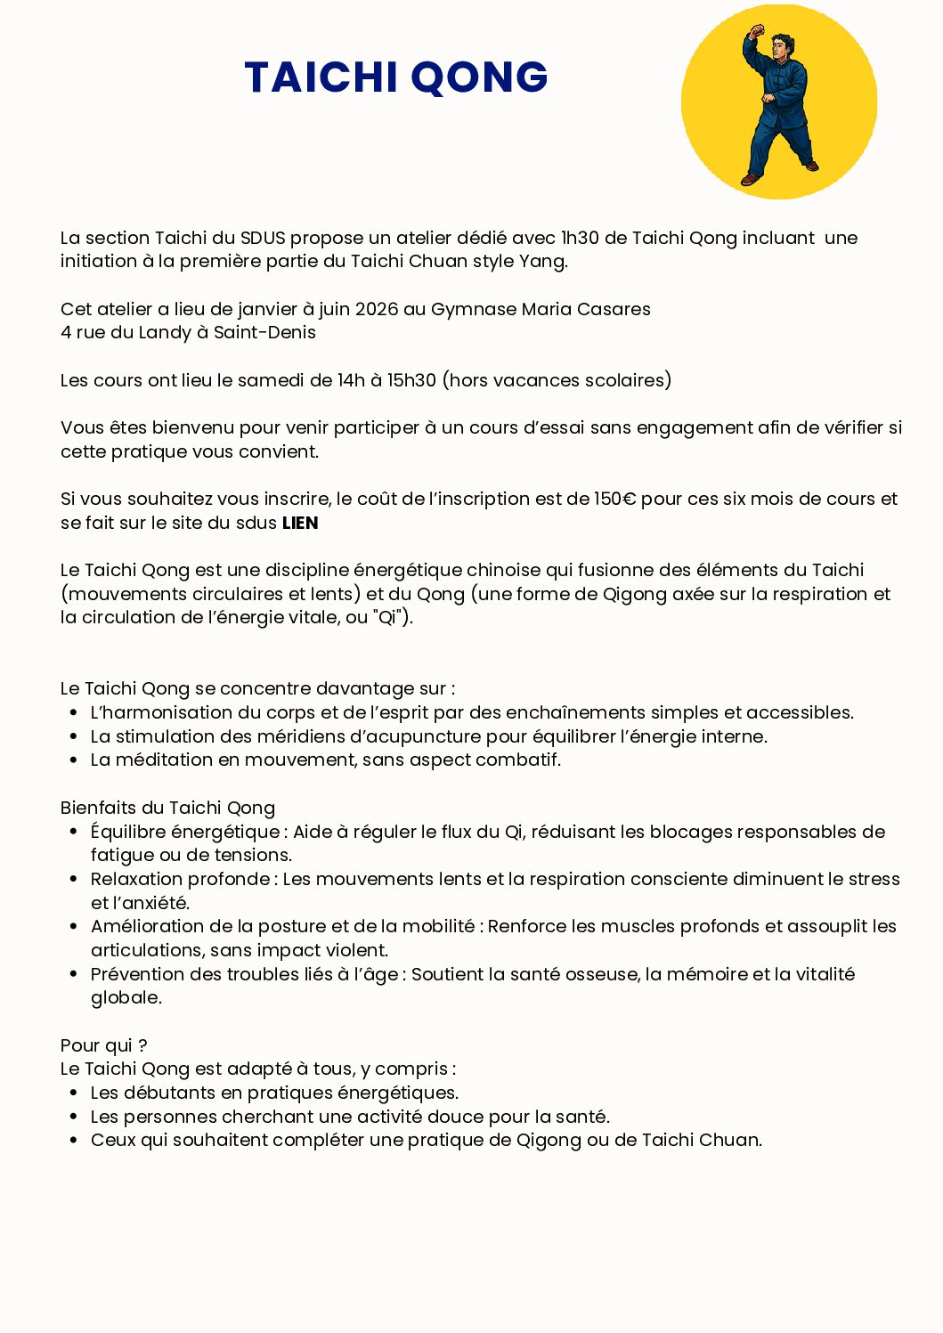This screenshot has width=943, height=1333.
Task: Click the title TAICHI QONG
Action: click(x=395, y=77)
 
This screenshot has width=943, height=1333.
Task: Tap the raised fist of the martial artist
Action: click(x=757, y=33)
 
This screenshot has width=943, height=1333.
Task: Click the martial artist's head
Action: click(x=782, y=46)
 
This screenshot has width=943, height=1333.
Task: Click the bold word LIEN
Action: click(x=300, y=524)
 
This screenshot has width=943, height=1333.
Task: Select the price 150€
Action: click(x=615, y=499)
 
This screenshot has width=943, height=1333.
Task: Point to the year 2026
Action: click(x=377, y=309)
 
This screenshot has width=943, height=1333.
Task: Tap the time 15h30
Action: click(x=411, y=380)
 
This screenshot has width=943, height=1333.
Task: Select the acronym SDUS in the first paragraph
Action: click(x=263, y=238)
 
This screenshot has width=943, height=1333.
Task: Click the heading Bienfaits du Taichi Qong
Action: click(x=167, y=808)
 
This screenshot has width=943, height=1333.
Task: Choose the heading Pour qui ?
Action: click(x=103, y=1045)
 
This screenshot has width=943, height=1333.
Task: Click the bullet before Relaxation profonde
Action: click(x=74, y=879)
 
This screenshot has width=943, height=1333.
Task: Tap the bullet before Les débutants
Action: click(x=74, y=1093)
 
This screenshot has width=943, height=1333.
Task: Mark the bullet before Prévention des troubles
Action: click(x=74, y=974)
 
